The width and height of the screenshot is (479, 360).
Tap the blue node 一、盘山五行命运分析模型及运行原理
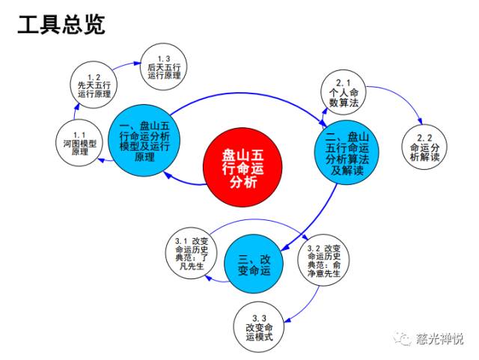coord(144,136)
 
